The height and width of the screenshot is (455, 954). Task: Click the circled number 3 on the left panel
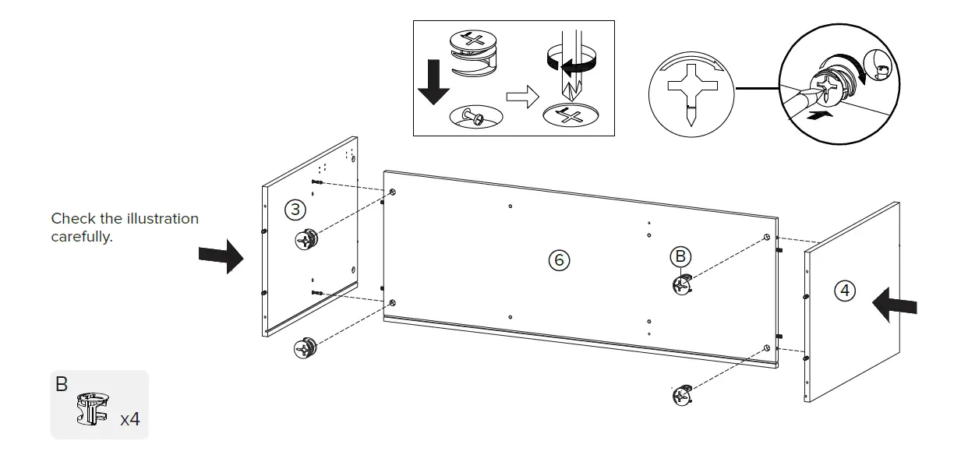click(x=295, y=210)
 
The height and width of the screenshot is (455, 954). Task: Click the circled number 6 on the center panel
click(x=558, y=260)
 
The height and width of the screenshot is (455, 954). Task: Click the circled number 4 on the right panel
click(x=844, y=291)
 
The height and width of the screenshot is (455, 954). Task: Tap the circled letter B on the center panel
click(x=680, y=256)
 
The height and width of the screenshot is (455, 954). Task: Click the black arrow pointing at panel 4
click(x=894, y=304)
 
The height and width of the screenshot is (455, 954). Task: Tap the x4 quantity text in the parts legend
click(x=130, y=419)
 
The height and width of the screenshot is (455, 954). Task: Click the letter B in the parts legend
click(x=62, y=385)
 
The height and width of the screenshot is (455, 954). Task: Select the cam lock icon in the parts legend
click(x=92, y=410)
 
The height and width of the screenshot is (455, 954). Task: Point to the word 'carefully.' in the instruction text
click(x=82, y=237)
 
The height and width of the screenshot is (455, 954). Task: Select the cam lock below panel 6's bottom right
click(x=683, y=396)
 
